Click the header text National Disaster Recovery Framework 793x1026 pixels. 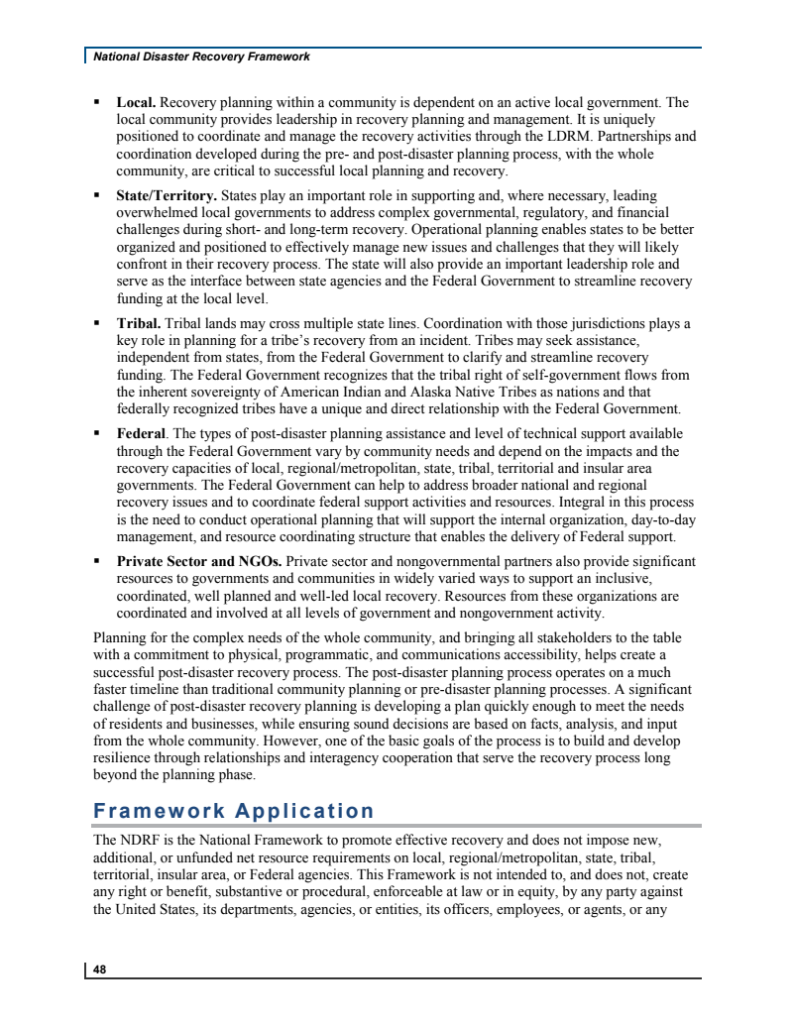pos(201,57)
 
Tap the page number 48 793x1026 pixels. pos(100,970)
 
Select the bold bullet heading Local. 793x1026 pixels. pos(136,102)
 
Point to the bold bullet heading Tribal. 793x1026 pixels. pos(139,323)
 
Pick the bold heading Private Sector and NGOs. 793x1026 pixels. pos(199,561)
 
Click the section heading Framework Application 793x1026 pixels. pos(234,811)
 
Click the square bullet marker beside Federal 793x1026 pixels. pos(97,433)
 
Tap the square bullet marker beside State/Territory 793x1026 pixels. pos(97,195)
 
